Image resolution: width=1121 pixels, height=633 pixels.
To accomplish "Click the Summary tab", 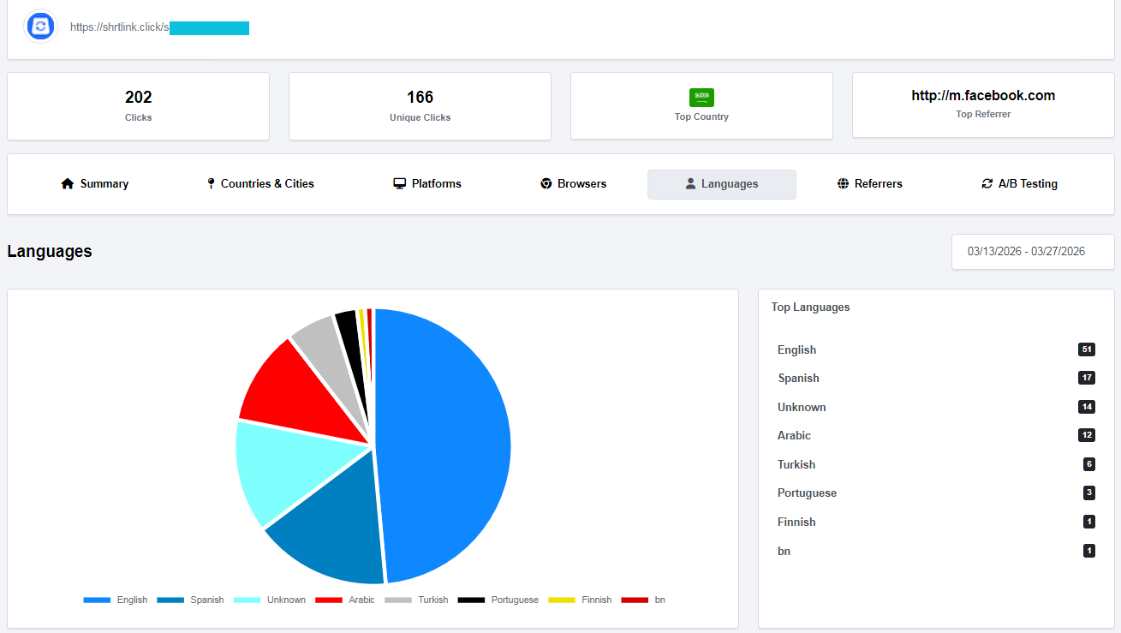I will (x=95, y=184).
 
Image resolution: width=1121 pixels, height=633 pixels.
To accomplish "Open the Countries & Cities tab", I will (x=260, y=184).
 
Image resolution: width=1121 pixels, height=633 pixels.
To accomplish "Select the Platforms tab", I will (x=427, y=184).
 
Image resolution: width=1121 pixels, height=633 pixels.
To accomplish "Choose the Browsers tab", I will (x=574, y=184).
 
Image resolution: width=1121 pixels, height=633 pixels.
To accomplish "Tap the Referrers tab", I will (x=870, y=184).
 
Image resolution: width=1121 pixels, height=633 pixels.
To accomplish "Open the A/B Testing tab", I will (x=1019, y=184).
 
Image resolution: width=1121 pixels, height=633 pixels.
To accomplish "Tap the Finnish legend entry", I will (x=580, y=600).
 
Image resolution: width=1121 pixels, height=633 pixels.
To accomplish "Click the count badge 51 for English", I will (x=1086, y=349).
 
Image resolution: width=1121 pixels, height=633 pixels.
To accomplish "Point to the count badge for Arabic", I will (x=1086, y=435).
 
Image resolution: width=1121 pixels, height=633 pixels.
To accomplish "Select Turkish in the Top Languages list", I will (x=796, y=464).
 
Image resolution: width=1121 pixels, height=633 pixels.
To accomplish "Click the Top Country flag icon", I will (x=701, y=97).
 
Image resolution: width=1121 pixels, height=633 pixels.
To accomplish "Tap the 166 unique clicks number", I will (x=420, y=98).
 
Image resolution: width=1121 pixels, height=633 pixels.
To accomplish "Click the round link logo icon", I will (x=40, y=27).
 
